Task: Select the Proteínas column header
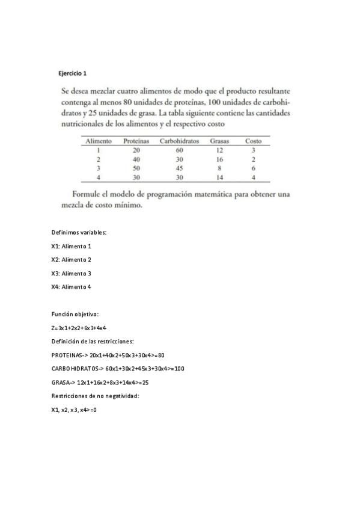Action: (x=136, y=141)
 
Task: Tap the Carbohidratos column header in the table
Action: (x=179, y=141)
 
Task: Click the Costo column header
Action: (x=253, y=141)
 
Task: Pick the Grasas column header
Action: (x=220, y=141)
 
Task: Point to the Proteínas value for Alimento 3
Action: (x=136, y=168)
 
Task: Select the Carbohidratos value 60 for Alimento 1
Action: (x=179, y=150)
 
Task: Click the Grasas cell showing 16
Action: (x=219, y=159)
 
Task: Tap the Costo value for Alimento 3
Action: (x=253, y=168)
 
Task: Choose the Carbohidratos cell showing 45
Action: (x=179, y=168)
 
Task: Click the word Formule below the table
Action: (x=87, y=194)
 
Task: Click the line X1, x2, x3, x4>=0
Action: (x=75, y=410)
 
